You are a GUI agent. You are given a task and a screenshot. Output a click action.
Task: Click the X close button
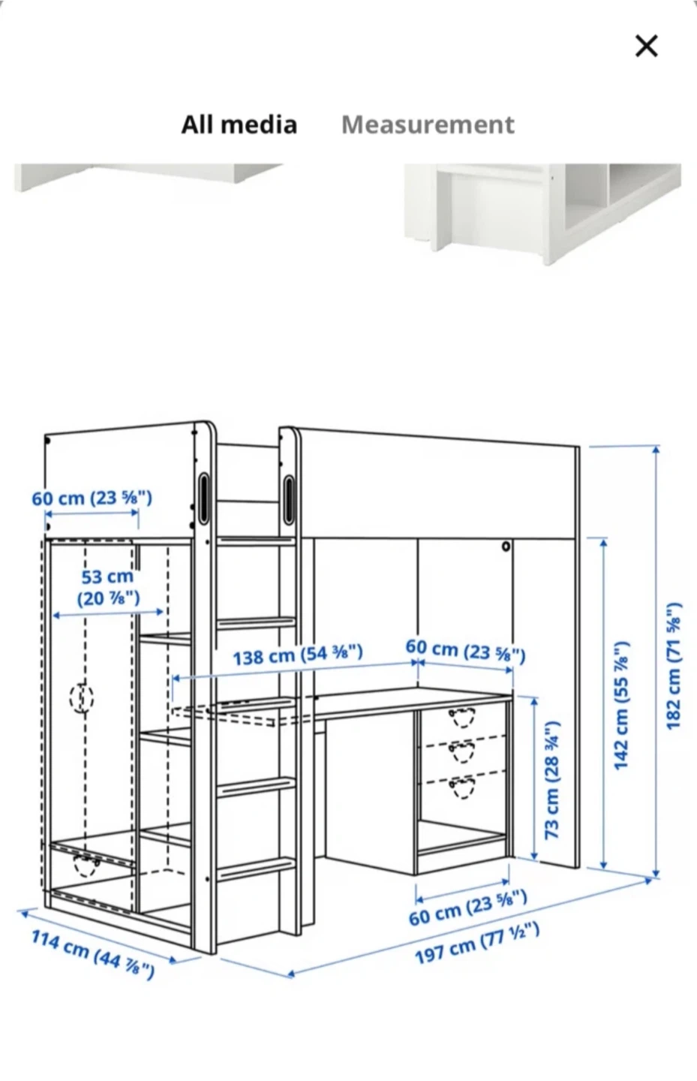[646, 46]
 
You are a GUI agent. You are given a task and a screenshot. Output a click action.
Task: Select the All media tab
[239, 125]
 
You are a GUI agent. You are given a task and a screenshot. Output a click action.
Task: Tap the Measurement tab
[428, 125]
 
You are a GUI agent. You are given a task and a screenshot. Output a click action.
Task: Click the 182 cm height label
[673, 666]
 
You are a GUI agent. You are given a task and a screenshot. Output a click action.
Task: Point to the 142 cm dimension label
[622, 706]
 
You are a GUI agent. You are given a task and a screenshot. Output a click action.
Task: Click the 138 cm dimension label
[298, 655]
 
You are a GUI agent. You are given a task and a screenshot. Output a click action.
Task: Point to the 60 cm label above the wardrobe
[92, 498]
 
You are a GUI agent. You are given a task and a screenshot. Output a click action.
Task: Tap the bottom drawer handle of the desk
[462, 787]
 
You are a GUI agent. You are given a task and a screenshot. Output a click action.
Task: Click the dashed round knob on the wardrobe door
[82, 697]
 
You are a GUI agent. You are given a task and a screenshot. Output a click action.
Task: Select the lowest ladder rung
[256, 869]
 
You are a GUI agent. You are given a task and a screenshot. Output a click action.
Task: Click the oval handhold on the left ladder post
[203, 498]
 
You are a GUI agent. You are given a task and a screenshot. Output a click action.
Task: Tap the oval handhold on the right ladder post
[289, 499]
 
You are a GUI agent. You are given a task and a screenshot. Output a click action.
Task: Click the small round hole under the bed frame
[506, 547]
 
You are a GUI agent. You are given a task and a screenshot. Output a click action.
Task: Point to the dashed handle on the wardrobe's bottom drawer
[87, 865]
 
